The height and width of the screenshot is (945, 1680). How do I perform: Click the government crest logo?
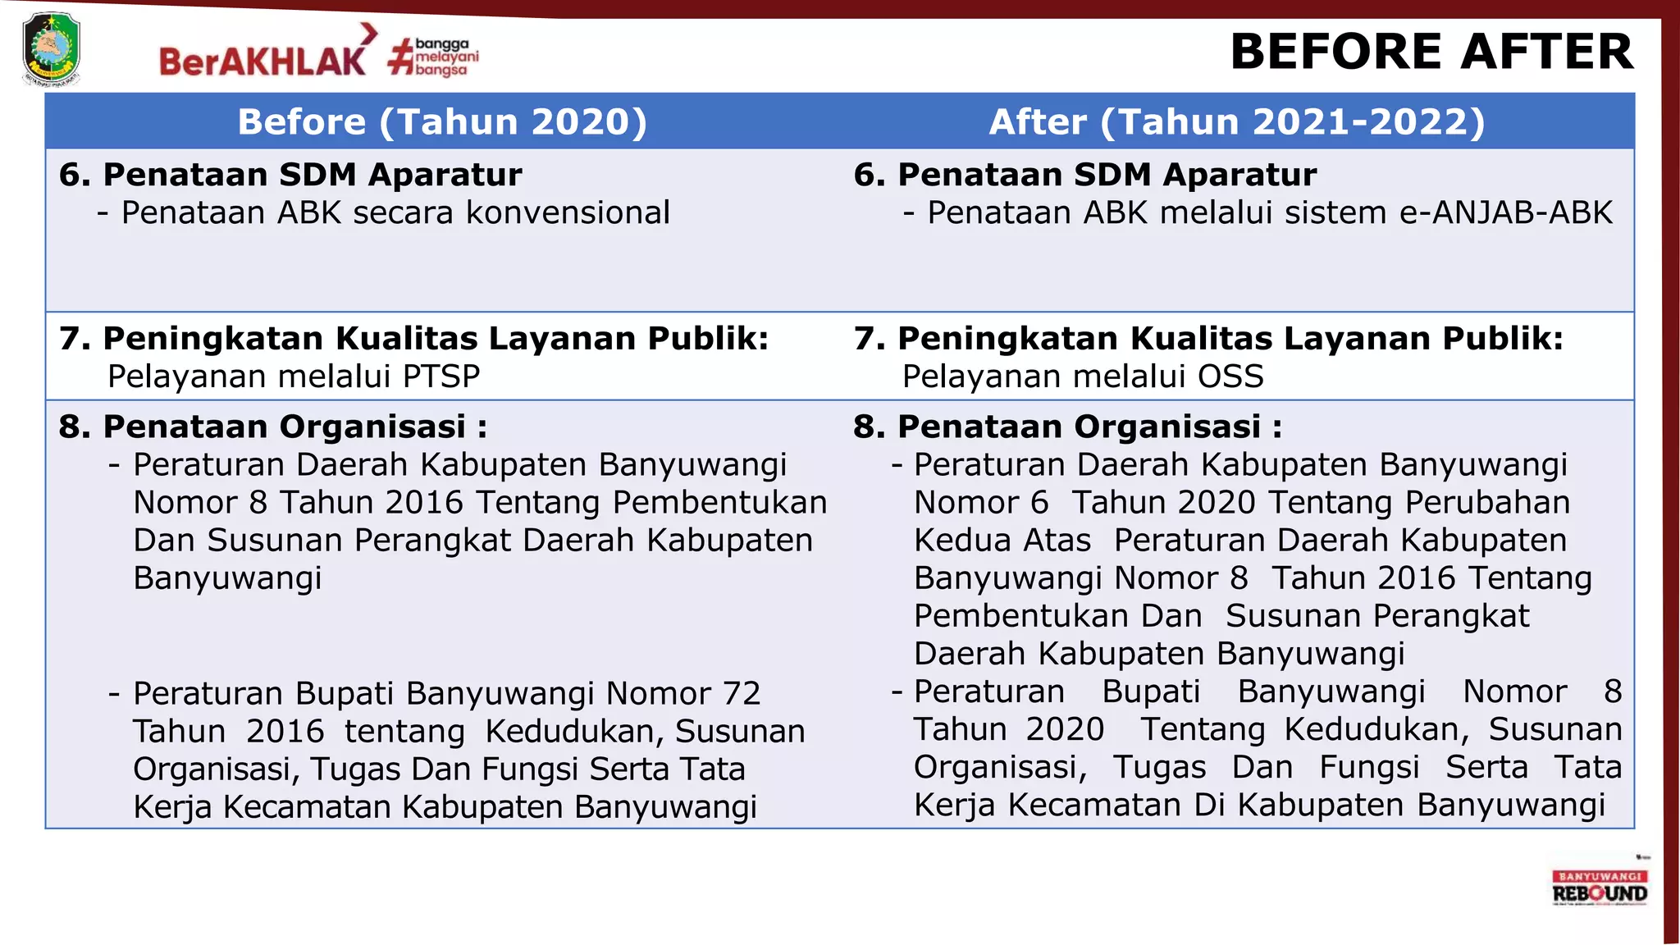click(51, 49)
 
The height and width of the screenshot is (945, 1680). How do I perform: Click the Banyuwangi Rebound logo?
click(1600, 888)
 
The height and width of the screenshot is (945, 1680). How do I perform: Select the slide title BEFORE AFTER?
click(1431, 52)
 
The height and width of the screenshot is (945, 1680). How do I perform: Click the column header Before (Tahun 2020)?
click(442, 121)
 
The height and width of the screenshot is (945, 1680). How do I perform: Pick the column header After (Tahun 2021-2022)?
click(1237, 121)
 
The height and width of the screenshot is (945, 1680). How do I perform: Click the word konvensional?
click(568, 212)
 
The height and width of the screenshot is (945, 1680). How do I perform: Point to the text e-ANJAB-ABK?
click(1505, 212)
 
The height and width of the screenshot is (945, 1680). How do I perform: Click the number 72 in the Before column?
click(742, 694)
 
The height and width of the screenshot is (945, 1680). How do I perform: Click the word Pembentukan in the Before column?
click(719, 502)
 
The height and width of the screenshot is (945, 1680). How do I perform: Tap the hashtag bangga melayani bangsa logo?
click(434, 57)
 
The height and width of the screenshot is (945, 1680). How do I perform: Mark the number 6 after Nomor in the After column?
click(1039, 502)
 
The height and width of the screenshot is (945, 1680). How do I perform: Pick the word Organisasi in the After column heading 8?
click(1167, 427)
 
